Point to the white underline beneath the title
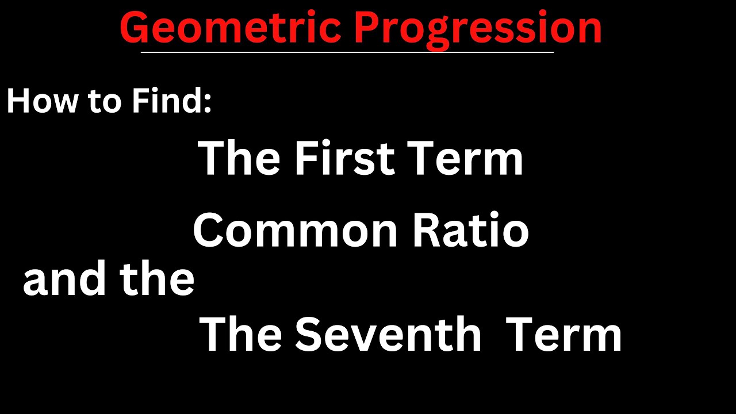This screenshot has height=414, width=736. click(x=347, y=52)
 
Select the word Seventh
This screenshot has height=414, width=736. click(x=388, y=335)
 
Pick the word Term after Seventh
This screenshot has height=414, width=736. click(x=563, y=335)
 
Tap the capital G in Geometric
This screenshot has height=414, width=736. click(x=136, y=29)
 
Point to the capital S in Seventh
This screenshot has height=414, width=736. click(x=308, y=335)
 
